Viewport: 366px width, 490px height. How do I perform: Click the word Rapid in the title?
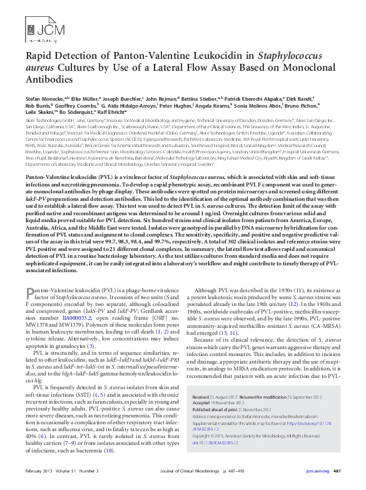pos(39,56)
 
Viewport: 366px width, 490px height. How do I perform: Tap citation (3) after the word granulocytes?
pos(91,346)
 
